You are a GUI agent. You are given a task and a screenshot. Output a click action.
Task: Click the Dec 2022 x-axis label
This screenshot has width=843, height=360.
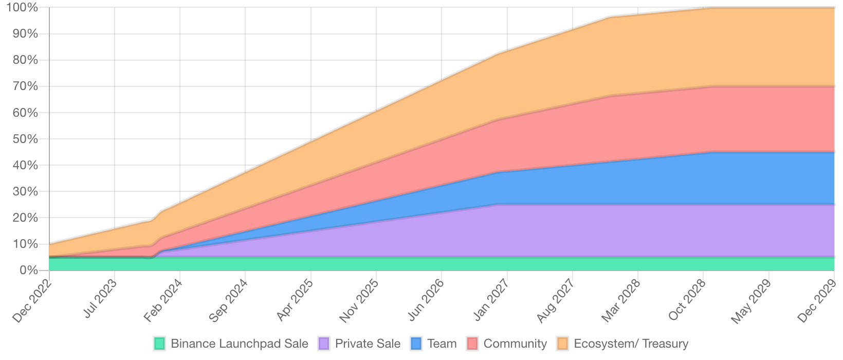pyautogui.click(x=32, y=301)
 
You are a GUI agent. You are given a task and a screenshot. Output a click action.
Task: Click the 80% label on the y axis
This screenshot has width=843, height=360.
pyautogui.click(x=26, y=60)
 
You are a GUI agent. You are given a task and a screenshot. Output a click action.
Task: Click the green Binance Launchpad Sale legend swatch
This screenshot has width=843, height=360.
pyautogui.click(x=160, y=344)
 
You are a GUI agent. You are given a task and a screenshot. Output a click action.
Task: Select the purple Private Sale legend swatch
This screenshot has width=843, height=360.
pyautogui.click(x=324, y=344)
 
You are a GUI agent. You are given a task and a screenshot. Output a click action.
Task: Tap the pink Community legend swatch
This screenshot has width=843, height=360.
pyautogui.click(x=473, y=344)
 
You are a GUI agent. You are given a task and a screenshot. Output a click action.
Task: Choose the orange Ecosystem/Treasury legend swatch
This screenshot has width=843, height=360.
pyautogui.click(x=563, y=344)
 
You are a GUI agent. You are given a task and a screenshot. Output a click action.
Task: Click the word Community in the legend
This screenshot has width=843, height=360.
pyautogui.click(x=515, y=344)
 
